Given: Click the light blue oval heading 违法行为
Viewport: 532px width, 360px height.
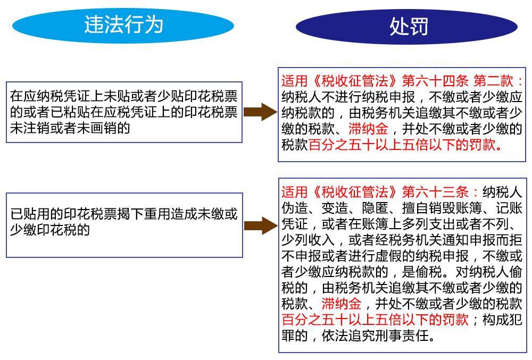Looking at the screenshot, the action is (x=123, y=25).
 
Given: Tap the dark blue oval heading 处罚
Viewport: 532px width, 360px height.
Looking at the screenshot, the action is (x=406, y=27).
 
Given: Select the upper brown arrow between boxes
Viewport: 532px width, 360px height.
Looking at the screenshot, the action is (x=260, y=112).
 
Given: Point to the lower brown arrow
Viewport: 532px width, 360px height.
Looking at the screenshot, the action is (x=261, y=226).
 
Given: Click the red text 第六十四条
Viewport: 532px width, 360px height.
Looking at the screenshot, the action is (x=435, y=81).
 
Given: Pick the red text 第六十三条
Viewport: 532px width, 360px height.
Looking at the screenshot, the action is (x=435, y=192).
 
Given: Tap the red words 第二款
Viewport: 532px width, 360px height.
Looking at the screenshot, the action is (x=494, y=81).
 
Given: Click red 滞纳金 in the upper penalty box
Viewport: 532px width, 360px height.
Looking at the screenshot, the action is (x=368, y=129).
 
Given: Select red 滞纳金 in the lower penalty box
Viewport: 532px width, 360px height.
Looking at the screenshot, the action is (x=342, y=304).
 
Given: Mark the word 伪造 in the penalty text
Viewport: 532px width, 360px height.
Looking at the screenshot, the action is (x=295, y=208).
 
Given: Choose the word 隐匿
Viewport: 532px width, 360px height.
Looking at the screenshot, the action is (x=375, y=208).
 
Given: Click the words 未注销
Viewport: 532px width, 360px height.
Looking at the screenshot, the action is (x=30, y=128).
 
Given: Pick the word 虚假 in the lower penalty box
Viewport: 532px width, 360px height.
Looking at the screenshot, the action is (x=388, y=256).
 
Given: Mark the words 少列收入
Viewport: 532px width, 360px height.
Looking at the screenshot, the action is (x=308, y=240).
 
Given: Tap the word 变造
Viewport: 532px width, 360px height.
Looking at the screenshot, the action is (x=335, y=208).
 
